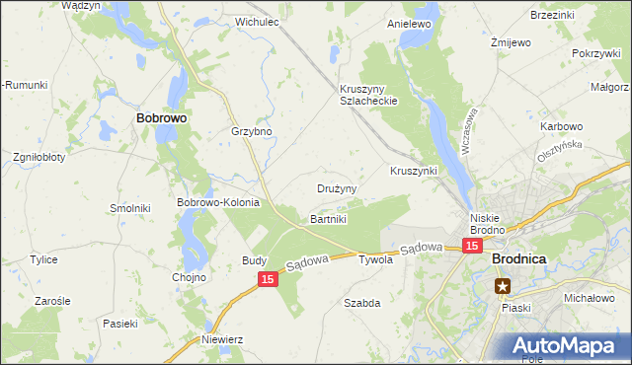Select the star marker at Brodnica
coord(504,287)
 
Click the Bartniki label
coord(329,218)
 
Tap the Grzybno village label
coord(251,131)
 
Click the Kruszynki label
coord(414,171)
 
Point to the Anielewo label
coord(412,23)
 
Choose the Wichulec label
coord(254,21)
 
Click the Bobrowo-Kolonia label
coord(217,202)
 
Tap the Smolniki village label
coord(129,208)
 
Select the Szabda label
coord(361,303)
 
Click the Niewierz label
coord(222,339)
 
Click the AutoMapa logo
coord(567,345)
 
